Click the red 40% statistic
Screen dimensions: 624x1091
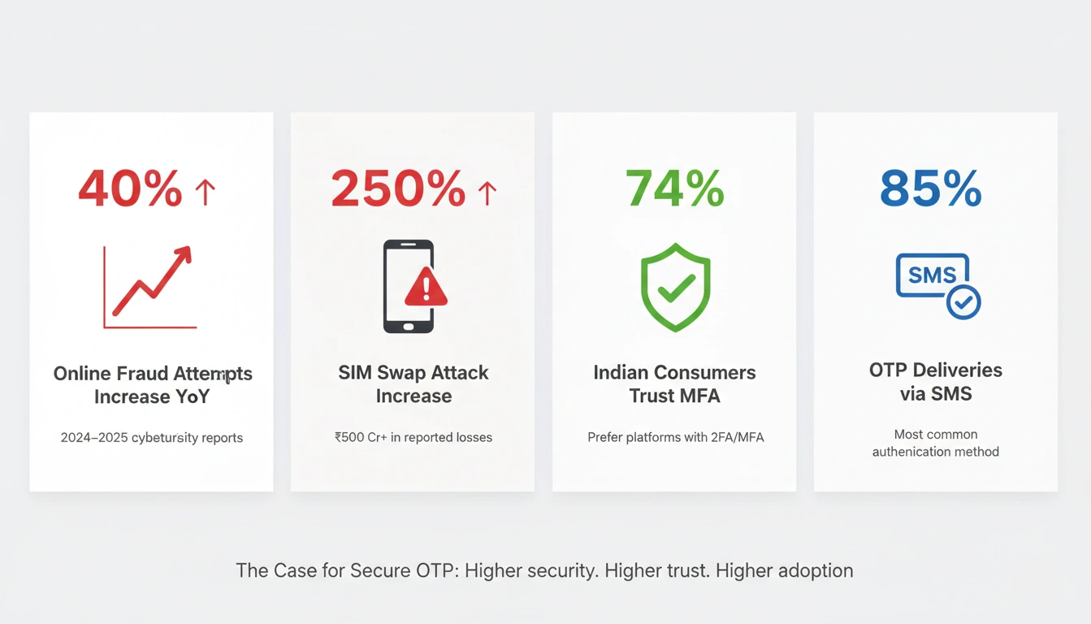tap(130, 189)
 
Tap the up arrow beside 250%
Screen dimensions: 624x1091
tap(487, 193)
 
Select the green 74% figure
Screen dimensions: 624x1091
tap(674, 189)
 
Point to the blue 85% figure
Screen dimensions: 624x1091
tap(931, 189)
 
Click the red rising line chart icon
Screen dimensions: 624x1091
tap(151, 286)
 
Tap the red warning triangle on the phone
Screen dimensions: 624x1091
tap(426, 288)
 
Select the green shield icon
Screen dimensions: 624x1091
tap(675, 286)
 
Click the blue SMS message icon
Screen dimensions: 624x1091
tap(932, 275)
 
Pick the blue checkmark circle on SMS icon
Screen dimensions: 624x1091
tap(963, 302)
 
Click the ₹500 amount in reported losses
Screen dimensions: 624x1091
tap(351, 437)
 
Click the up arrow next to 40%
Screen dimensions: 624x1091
tap(205, 193)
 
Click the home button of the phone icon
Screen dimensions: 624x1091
tap(409, 327)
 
